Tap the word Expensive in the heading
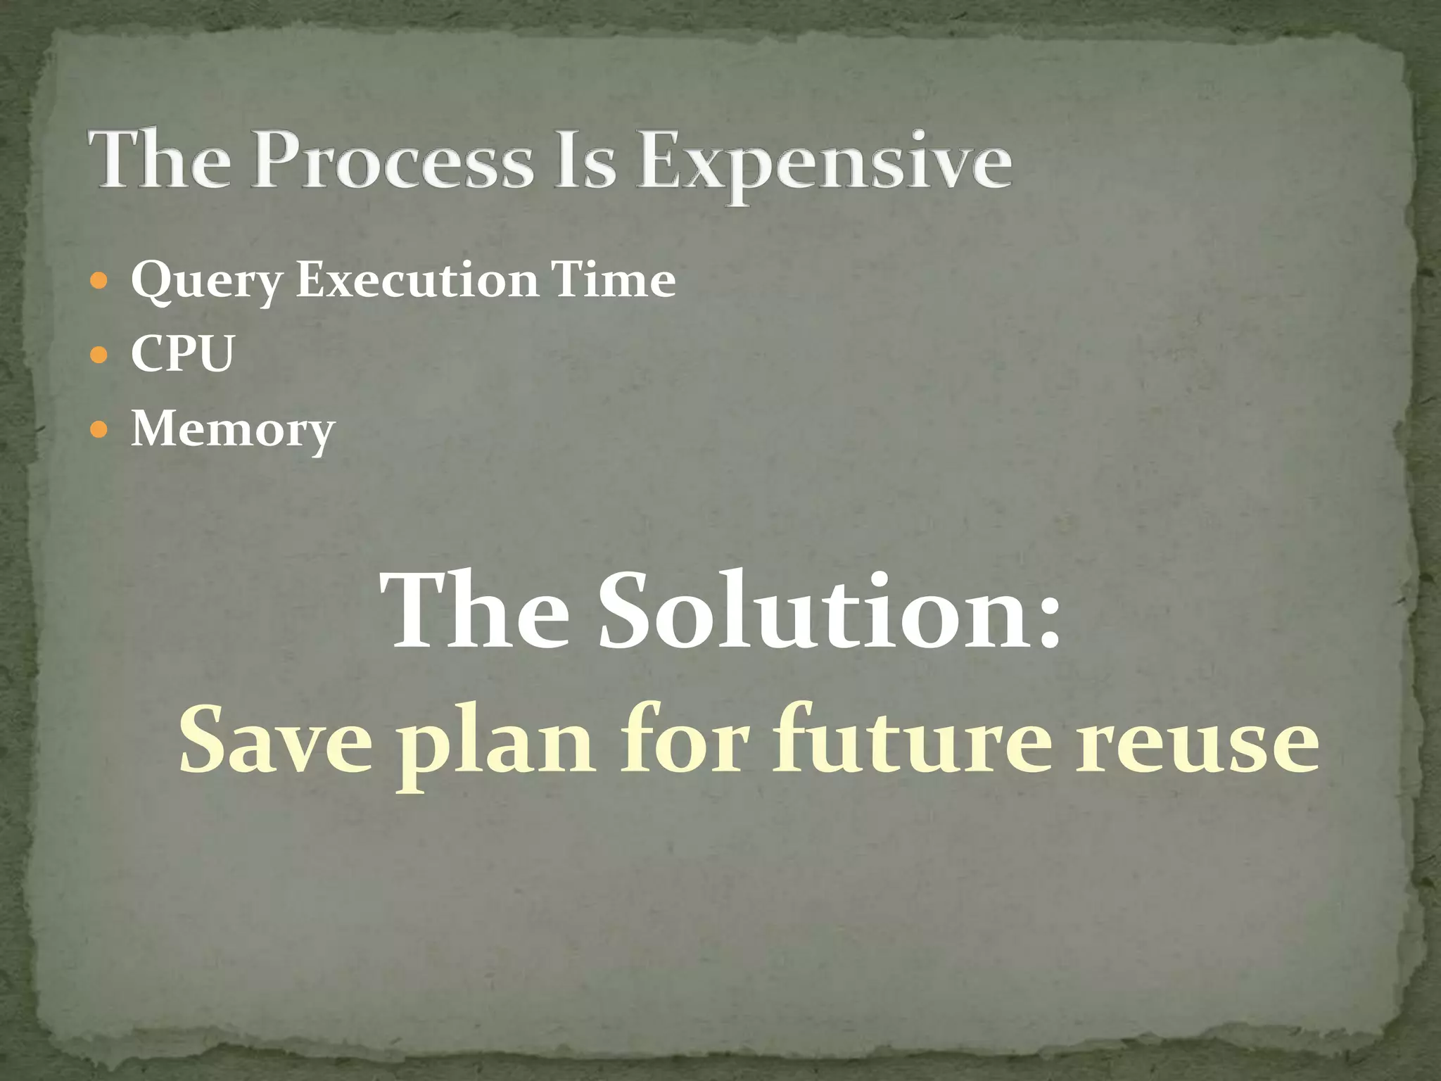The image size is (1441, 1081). click(825, 163)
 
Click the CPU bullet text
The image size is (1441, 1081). click(182, 353)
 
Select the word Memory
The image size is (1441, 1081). click(233, 429)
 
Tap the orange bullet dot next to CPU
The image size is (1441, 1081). click(99, 354)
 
